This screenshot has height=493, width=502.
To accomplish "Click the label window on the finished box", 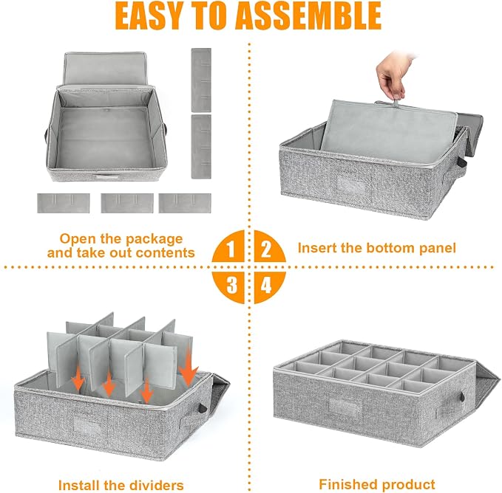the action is (345, 407).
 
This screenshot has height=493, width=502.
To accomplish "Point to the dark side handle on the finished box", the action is (461, 398).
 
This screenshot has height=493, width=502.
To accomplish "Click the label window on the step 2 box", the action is (351, 185).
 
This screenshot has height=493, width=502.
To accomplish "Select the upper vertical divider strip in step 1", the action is (201, 80).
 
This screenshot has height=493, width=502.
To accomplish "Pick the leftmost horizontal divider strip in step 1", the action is (64, 203).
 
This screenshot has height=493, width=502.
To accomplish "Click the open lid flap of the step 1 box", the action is (105, 69).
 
